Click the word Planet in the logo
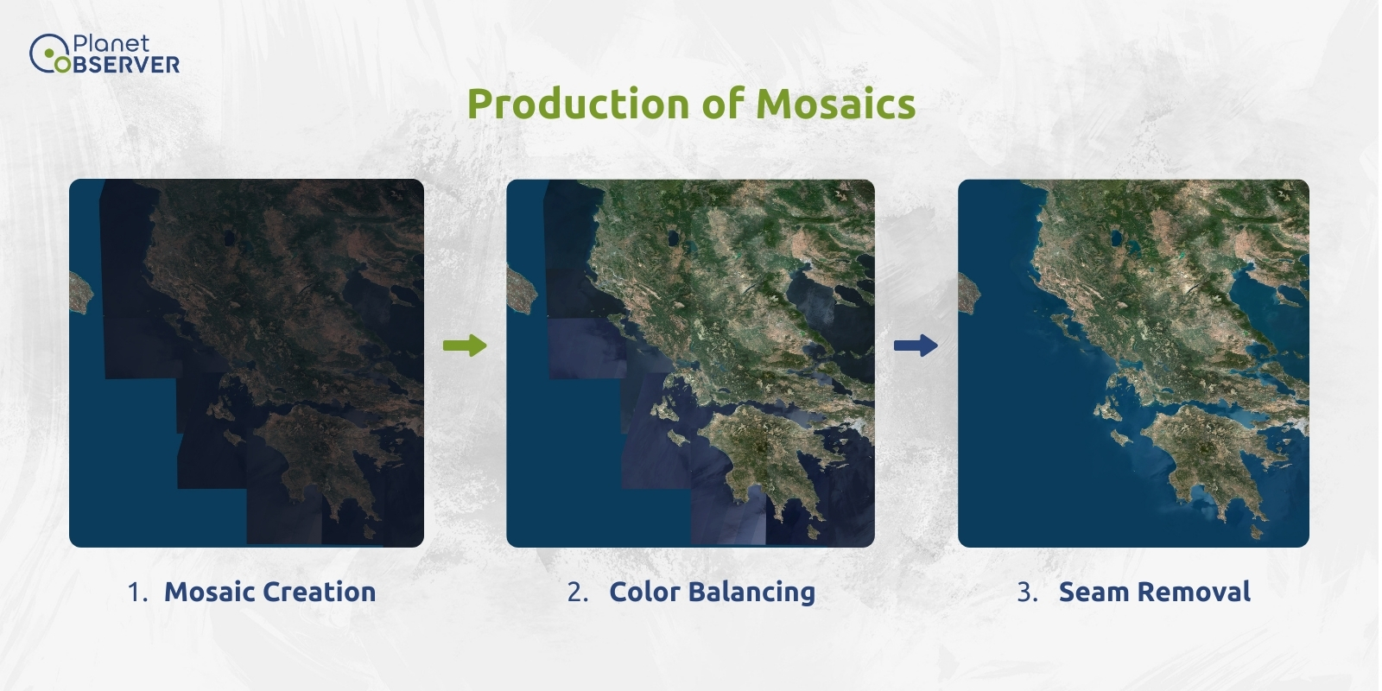pyautogui.click(x=111, y=44)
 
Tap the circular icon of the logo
pyautogui.click(x=43, y=54)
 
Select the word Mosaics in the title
pyautogui.click(x=835, y=105)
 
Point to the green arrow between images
pyautogui.click(x=465, y=345)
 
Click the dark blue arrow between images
pyautogui.click(x=916, y=345)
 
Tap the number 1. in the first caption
pyautogui.click(x=137, y=593)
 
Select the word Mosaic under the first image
pyautogui.click(x=209, y=593)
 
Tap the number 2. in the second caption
pyautogui.click(x=578, y=593)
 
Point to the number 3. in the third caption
pyautogui.click(x=1027, y=593)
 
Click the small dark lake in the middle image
pyautogui.click(x=673, y=236)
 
